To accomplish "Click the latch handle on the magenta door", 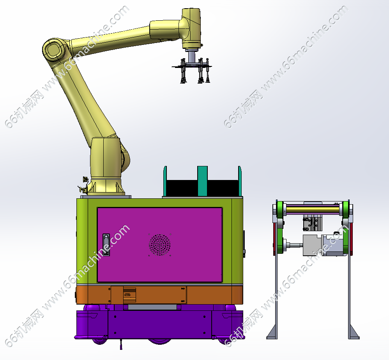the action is (x=106, y=245).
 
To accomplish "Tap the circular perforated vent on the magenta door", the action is (x=159, y=245).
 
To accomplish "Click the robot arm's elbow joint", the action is (x=54, y=50).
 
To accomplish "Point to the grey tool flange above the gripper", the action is (x=191, y=56).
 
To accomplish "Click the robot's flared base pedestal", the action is (x=106, y=186).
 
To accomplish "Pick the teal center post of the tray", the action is (x=202, y=181).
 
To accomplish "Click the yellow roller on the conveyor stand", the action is (x=313, y=210).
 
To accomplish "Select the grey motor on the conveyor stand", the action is (x=322, y=246).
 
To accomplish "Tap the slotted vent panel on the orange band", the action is (x=129, y=295).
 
